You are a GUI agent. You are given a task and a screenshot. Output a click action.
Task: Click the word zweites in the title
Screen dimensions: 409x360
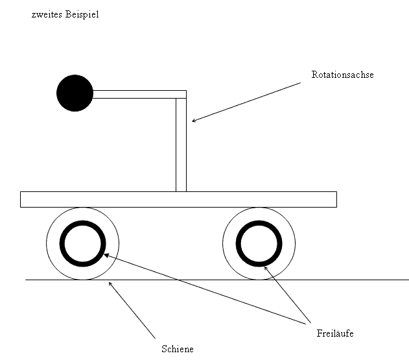(x=47, y=15)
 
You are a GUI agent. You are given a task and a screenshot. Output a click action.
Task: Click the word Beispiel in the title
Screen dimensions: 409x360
(x=82, y=14)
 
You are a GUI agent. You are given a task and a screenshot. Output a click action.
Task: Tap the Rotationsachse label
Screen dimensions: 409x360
(x=342, y=75)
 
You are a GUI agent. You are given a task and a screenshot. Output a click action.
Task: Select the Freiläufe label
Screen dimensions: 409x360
(x=335, y=333)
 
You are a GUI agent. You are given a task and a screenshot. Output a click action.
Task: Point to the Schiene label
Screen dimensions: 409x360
(x=178, y=349)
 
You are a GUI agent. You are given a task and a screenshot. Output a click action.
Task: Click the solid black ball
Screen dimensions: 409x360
(x=75, y=93)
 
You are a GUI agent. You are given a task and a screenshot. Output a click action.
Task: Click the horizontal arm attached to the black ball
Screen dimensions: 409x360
(x=139, y=94)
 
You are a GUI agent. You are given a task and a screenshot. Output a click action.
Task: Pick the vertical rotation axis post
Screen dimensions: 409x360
(x=181, y=145)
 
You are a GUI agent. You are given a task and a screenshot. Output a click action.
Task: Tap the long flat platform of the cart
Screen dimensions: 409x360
(x=178, y=199)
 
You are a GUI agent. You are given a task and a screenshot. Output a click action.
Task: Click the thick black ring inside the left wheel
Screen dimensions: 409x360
(x=62, y=244)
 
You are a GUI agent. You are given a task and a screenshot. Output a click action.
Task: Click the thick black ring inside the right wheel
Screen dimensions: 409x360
(x=238, y=244)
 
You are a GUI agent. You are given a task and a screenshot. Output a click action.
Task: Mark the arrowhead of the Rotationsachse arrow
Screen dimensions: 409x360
(x=193, y=121)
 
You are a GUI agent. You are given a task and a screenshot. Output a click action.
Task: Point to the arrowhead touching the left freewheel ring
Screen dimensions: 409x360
(x=105, y=254)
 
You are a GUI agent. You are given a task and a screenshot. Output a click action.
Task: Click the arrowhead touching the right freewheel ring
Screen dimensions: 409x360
(x=264, y=267)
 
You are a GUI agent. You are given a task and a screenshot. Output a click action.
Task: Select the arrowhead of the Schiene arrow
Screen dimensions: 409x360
(x=109, y=283)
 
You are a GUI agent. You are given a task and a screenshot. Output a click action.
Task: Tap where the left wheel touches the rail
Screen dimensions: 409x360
(x=83, y=280)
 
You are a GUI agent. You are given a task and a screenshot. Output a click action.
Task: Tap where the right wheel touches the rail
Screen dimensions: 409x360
(x=259, y=280)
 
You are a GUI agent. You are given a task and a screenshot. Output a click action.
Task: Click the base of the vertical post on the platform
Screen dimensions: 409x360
(x=181, y=191)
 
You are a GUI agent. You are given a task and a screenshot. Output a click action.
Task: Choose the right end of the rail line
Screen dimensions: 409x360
(x=408, y=280)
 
